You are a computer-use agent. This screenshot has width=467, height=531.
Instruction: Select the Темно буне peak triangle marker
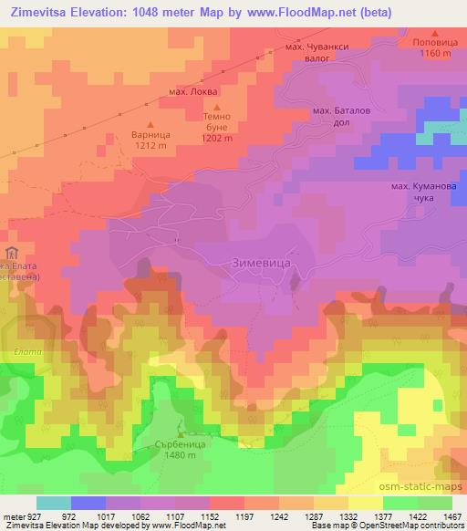pos(206,107)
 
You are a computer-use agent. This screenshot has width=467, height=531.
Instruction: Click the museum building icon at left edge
pos(11,253)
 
